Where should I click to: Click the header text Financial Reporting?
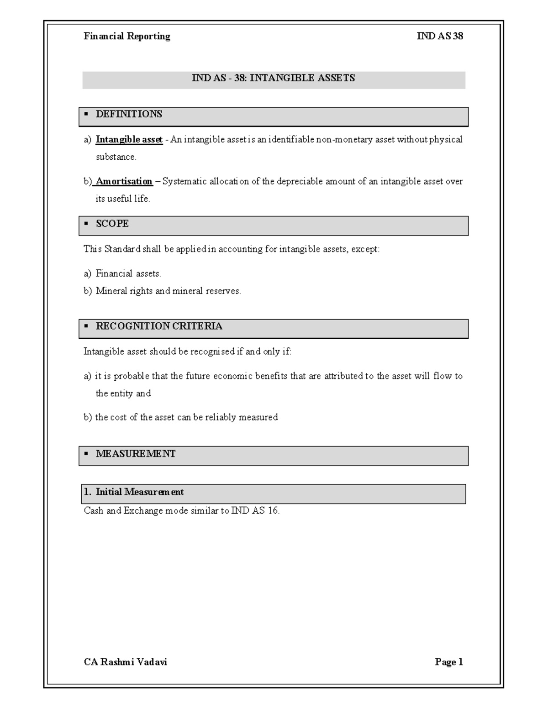(127, 37)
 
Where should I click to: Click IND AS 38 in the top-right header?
(440, 37)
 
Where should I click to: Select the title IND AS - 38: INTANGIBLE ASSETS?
(273, 78)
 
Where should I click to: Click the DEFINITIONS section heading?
(129, 114)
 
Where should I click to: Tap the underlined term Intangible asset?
(129, 140)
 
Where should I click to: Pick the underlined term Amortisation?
(124, 182)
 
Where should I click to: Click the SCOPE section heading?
(112, 224)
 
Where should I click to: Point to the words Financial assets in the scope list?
(128, 274)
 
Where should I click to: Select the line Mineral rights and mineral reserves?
(168, 291)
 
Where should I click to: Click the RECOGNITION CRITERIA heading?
(159, 326)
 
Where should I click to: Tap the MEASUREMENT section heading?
(135, 454)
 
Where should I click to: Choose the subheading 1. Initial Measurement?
(133, 492)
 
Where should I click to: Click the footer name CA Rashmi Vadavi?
(126, 662)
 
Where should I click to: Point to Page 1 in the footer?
(449, 662)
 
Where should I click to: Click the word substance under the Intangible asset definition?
(116, 157)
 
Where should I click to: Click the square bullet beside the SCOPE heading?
(86, 224)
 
